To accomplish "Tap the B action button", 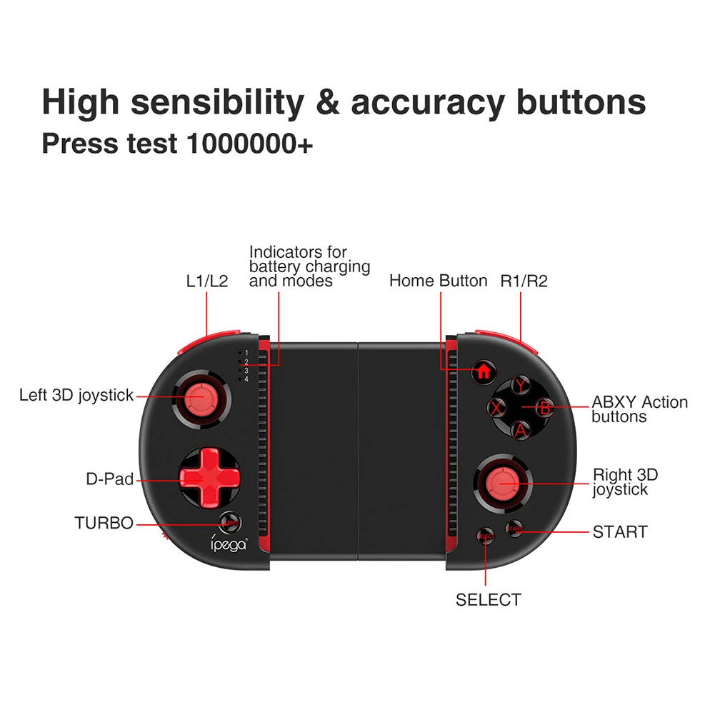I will [544, 409].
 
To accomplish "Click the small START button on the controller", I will [514, 529].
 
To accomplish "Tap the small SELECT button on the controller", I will [486, 536].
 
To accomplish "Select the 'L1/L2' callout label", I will [206, 281].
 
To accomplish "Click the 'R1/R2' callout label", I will [524, 281].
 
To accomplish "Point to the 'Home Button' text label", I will [438, 281].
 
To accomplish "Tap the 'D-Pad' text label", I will [110, 479].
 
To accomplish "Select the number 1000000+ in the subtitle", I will [249, 143].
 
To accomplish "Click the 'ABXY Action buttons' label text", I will [639, 409].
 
